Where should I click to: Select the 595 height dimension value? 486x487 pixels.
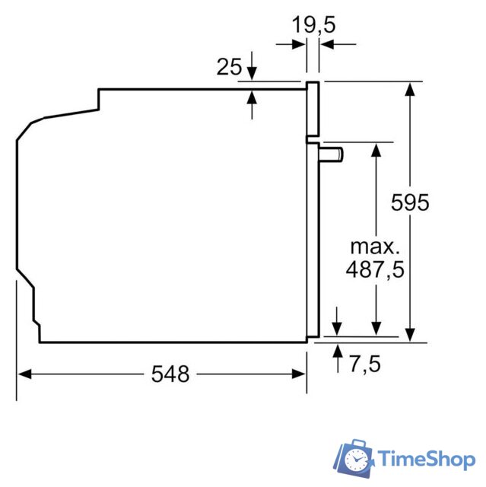point(410,202)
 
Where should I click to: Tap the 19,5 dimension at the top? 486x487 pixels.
point(314,24)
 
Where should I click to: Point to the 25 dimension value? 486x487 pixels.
point(229,67)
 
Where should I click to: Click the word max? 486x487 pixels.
point(374,247)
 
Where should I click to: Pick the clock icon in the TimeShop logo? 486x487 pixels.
point(357,459)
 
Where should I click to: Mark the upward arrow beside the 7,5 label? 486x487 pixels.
point(338,352)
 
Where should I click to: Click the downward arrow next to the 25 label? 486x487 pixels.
point(252,72)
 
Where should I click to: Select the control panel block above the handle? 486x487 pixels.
point(312,110)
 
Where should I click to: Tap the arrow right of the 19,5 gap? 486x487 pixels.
point(327,44)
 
